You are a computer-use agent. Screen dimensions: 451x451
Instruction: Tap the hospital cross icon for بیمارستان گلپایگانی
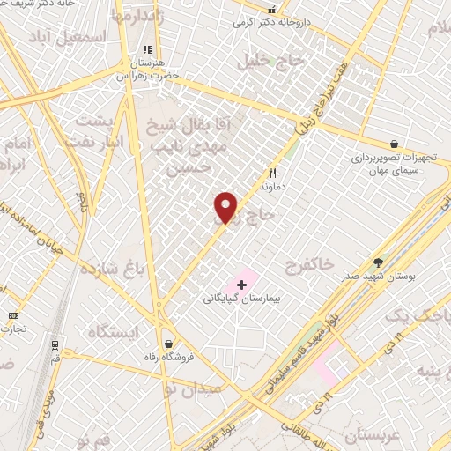[241, 285]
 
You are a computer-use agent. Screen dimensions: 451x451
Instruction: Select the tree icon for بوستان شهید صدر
[379, 262]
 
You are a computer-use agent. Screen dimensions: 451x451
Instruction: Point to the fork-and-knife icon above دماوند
[272, 174]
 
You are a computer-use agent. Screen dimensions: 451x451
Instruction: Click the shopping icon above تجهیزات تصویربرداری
[394, 144]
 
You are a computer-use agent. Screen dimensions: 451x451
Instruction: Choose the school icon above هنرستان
[147, 50]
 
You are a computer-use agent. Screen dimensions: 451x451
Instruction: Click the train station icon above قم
[55, 344]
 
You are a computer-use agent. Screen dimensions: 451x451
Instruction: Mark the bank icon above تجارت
[13, 315]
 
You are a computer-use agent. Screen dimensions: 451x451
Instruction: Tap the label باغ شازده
[111, 268]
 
